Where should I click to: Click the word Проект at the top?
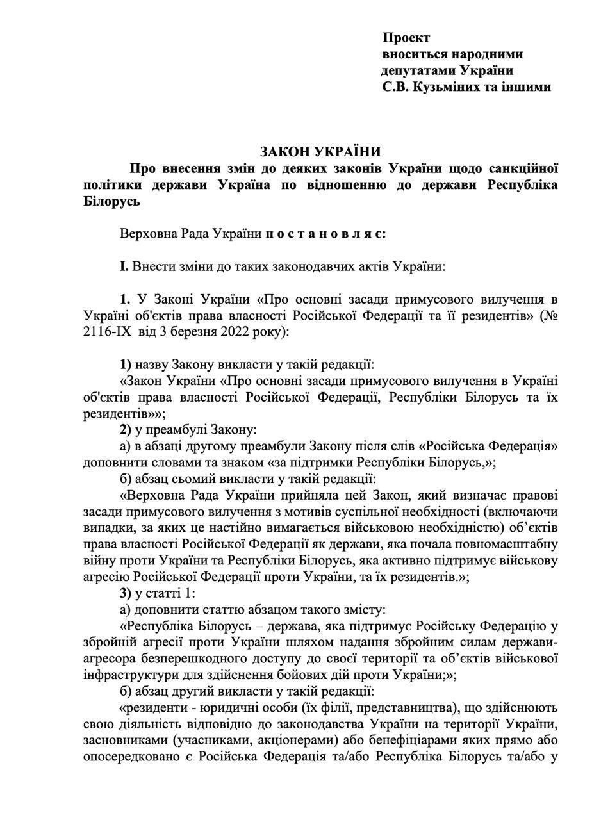(407, 38)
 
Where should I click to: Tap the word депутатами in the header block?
(415, 70)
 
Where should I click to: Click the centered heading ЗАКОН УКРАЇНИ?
(320, 152)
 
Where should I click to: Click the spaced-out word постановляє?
(326, 233)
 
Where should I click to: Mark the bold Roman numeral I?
(124, 265)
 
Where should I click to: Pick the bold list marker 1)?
(126, 365)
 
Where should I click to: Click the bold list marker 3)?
(126, 593)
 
